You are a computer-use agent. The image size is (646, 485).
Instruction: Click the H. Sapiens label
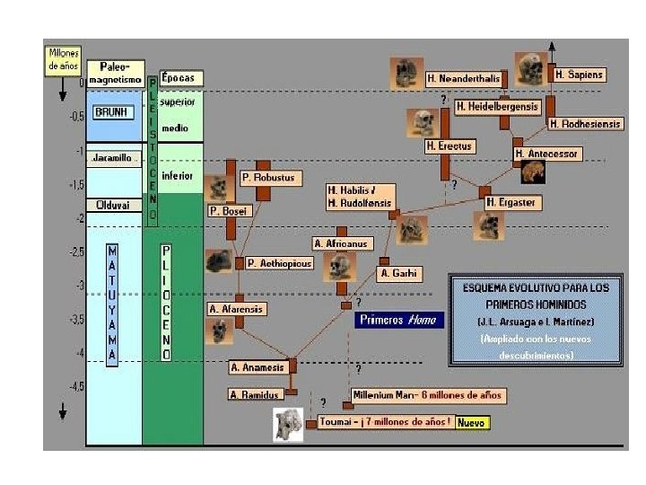tap(580, 75)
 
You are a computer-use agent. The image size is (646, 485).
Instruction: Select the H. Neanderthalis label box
tap(463, 78)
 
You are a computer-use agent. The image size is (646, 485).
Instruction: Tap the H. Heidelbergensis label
tap(498, 106)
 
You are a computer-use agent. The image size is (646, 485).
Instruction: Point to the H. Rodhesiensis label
tap(585, 124)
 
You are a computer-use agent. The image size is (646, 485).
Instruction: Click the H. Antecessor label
tap(546, 154)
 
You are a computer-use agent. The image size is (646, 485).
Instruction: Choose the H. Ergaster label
tap(511, 202)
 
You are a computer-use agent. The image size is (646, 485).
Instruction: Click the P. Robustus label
tap(267, 178)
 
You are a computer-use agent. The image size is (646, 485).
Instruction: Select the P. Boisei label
tap(229, 211)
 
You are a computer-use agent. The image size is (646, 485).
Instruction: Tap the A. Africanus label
tap(341, 243)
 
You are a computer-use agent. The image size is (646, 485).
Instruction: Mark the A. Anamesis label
tap(258, 366)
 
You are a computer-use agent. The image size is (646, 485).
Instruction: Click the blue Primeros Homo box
tap(399, 319)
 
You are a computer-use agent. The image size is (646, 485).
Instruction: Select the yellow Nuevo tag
tap(473, 421)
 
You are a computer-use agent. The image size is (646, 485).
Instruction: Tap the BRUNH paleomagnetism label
tap(114, 112)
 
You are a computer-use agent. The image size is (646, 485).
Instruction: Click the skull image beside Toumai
tap(288, 424)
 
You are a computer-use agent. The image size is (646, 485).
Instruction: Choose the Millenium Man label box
tap(429, 395)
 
